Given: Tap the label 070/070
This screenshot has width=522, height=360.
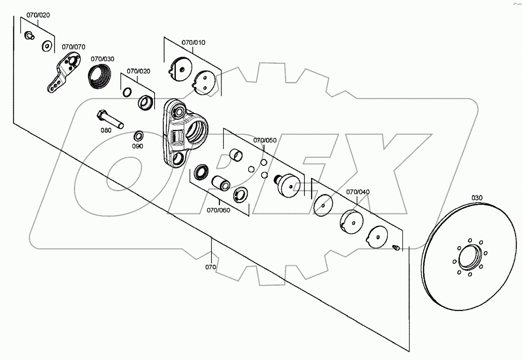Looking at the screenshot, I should [x=74, y=47].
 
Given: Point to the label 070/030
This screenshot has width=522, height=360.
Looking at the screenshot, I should [x=102, y=59].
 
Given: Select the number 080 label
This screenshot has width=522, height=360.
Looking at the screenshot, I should [x=106, y=131].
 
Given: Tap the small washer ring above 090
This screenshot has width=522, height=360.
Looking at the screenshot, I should [x=138, y=135].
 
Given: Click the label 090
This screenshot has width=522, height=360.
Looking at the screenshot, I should [x=138, y=146].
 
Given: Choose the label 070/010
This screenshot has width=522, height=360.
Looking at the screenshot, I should [x=193, y=43].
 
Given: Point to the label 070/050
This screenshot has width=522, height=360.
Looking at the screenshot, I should [x=265, y=140].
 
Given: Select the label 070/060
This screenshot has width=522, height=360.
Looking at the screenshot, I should [x=218, y=210].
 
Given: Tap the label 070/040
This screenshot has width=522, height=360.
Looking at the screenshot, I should [x=358, y=192].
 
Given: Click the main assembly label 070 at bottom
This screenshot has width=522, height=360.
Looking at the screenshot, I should [x=210, y=267].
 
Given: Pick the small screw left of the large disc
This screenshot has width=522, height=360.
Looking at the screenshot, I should [x=396, y=247].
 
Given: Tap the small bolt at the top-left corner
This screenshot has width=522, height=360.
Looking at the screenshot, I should [x=30, y=35].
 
